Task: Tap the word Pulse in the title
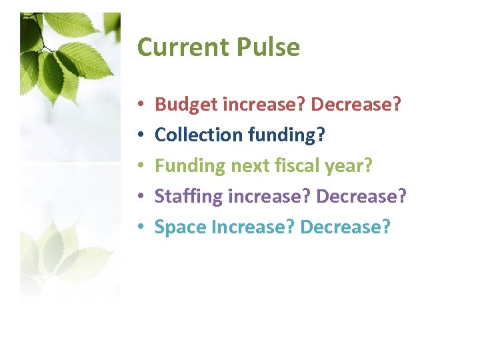tap(268, 47)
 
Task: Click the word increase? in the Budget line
tap(263, 104)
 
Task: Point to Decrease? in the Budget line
tap(356, 104)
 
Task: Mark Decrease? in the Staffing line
tap(361, 197)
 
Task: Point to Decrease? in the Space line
tap(345, 227)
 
